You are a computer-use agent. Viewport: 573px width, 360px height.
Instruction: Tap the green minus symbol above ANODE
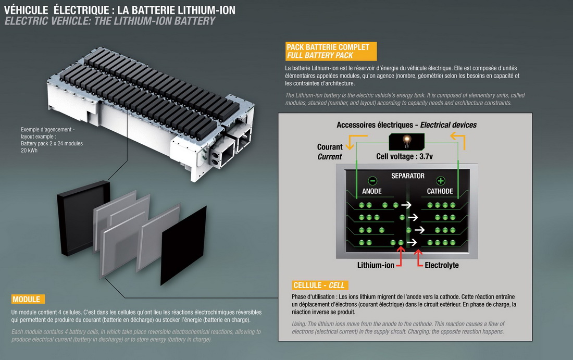coord(372,181)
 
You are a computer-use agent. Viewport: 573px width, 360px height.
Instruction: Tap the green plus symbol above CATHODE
coord(440,181)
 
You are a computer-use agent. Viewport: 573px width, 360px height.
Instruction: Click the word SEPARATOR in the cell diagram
coord(407,176)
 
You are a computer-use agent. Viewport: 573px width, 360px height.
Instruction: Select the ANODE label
coord(372,191)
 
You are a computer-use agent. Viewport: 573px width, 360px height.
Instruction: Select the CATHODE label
coord(440,191)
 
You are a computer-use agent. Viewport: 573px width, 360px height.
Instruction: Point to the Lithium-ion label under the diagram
coord(375,265)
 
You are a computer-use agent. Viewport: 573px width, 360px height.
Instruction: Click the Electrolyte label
coord(442,265)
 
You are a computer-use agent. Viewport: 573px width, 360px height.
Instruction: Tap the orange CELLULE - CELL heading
coord(319,285)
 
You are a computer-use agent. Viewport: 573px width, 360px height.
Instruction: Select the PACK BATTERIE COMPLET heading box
coord(331,51)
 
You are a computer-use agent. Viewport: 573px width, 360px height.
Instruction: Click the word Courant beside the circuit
coord(330,147)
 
